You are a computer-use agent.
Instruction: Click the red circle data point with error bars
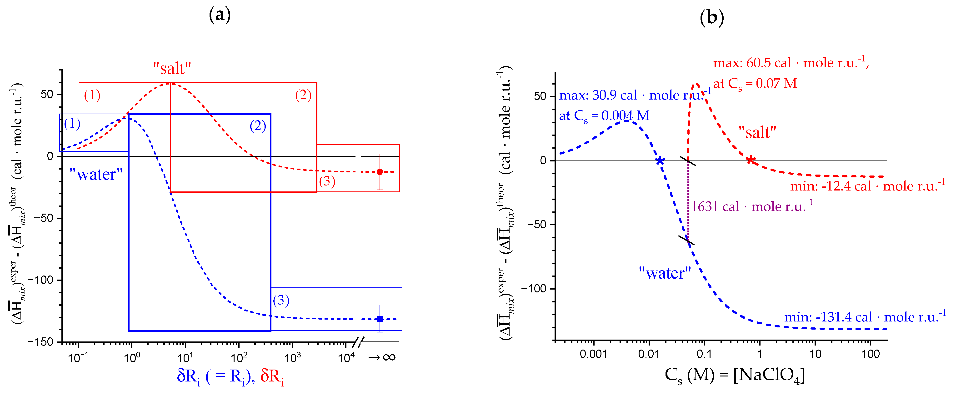(380, 172)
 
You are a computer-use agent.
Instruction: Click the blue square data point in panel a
(380, 319)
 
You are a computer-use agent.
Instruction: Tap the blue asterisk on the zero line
(660, 161)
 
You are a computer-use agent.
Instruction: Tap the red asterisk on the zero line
(751, 160)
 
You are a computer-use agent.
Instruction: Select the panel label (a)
(220, 15)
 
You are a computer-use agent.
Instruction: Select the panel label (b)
(711, 17)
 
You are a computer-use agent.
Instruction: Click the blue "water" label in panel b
(665, 273)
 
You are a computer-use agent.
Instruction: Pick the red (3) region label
(327, 181)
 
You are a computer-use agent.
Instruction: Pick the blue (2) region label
(258, 126)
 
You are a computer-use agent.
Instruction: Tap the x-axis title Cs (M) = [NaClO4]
(735, 376)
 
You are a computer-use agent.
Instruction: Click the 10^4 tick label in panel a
(346, 358)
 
